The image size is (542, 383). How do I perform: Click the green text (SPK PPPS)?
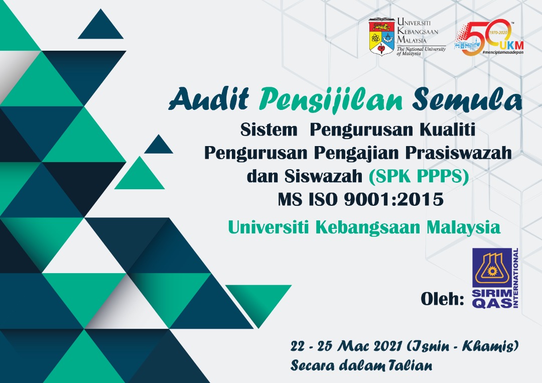click(419, 176)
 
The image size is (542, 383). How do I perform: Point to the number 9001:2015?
click(394, 199)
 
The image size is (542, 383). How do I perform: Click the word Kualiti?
click(447, 130)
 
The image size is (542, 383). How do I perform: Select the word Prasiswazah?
click(459, 153)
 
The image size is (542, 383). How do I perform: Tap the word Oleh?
click(443, 298)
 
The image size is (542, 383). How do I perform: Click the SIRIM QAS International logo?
click(495, 278)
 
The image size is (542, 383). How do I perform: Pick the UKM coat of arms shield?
click(381, 37)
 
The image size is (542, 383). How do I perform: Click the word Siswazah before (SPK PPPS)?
click(323, 176)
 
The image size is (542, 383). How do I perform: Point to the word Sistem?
click(269, 130)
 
